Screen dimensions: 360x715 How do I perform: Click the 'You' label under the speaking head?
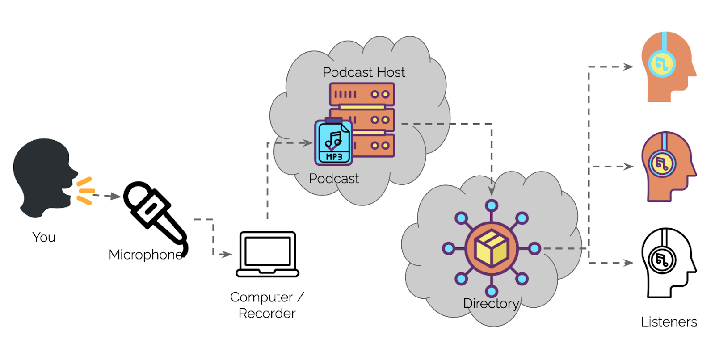(x=44, y=237)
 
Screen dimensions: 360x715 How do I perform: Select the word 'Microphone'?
(x=146, y=255)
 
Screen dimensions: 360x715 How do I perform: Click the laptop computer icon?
(x=267, y=254)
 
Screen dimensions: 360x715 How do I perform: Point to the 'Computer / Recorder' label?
(x=267, y=305)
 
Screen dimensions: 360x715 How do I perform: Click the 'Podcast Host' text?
(x=364, y=72)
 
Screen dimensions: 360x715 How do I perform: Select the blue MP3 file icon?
(x=333, y=142)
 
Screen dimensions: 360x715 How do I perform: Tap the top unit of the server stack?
(x=362, y=94)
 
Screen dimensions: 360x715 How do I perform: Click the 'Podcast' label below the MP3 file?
(x=334, y=179)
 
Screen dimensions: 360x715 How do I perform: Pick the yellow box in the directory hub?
(x=492, y=248)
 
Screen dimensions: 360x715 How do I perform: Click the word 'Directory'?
(x=491, y=304)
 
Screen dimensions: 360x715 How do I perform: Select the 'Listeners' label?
(x=669, y=322)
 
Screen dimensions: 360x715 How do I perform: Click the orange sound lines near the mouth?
(x=85, y=191)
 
